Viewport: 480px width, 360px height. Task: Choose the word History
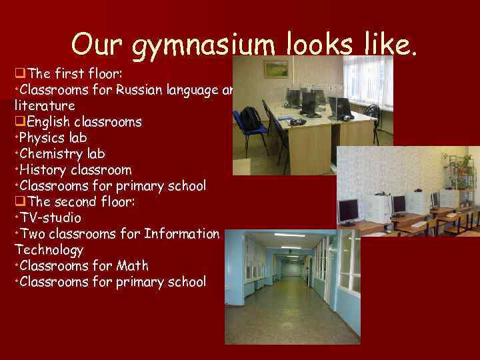tap(43, 169)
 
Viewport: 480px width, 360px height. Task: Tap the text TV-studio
tap(51, 217)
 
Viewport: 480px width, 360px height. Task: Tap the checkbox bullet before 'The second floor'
tap(19, 201)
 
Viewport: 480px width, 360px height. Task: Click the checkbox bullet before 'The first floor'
tap(19, 73)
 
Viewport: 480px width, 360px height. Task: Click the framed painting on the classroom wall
tap(275, 69)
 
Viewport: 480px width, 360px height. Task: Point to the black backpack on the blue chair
tap(250, 118)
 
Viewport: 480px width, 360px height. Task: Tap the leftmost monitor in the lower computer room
tap(347, 211)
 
